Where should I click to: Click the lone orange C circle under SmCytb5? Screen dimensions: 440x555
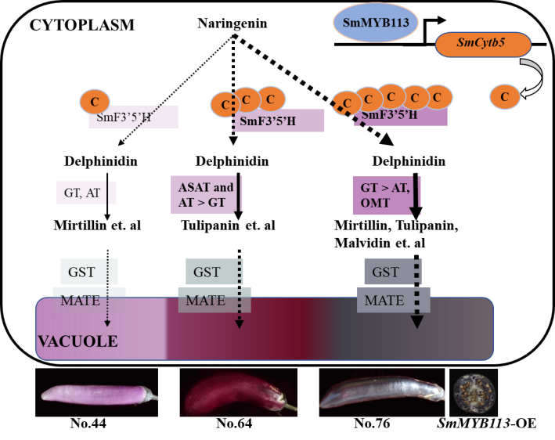coord(504,97)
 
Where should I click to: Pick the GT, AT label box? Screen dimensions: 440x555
coord(82,193)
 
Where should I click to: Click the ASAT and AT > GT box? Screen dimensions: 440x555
coord(203,193)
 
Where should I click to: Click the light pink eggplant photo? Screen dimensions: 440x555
coord(96,392)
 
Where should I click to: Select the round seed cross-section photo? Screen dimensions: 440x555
coord(474,393)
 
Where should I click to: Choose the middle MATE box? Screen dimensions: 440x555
coord(207,300)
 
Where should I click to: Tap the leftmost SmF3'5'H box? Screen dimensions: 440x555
coord(132,117)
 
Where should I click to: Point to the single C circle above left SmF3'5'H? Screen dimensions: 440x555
coord(95,101)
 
